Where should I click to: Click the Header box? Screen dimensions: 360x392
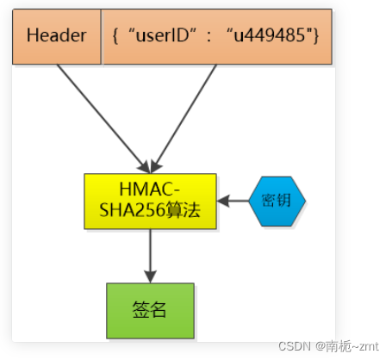click(57, 37)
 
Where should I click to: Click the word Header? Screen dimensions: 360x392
click(57, 37)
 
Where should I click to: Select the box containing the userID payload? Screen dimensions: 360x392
click(216, 37)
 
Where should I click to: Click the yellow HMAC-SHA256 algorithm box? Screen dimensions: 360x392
click(150, 201)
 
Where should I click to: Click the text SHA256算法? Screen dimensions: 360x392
click(150, 210)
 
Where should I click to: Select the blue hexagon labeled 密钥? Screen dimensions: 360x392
click(277, 201)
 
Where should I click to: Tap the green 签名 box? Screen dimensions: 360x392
click(150, 310)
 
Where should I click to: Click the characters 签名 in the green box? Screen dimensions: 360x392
click(150, 310)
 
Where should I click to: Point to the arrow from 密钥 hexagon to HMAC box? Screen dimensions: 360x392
click(233, 201)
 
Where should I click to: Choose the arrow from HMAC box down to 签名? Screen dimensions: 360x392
click(151, 255)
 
